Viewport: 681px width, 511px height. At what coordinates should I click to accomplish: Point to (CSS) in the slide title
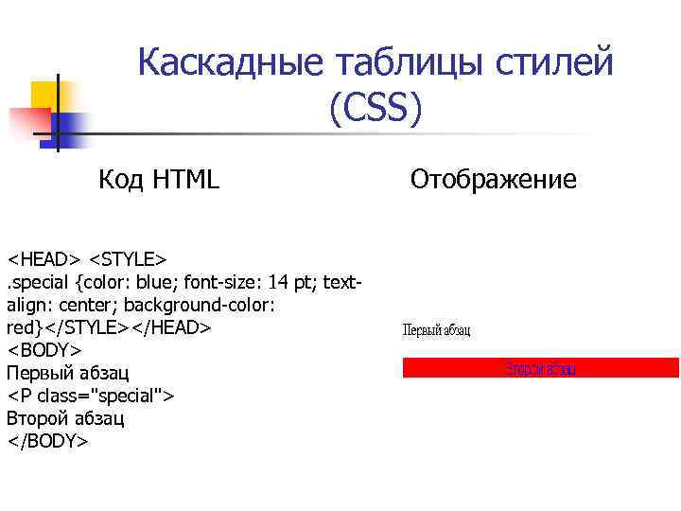pos(375,109)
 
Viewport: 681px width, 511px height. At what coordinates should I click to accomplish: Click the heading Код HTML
pos(159,178)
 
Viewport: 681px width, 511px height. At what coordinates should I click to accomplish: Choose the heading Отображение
pos(493,179)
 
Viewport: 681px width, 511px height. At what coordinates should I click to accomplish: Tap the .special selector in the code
pos(39,282)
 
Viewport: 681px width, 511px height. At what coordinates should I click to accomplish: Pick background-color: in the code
pos(200,305)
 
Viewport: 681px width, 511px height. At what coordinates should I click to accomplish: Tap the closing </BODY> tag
pos(48,441)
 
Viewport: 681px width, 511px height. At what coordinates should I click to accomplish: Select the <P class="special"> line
pos(90,396)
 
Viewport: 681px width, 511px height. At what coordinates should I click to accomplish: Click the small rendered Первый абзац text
pos(437,330)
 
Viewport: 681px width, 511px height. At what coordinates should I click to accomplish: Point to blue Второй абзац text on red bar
pos(540,369)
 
